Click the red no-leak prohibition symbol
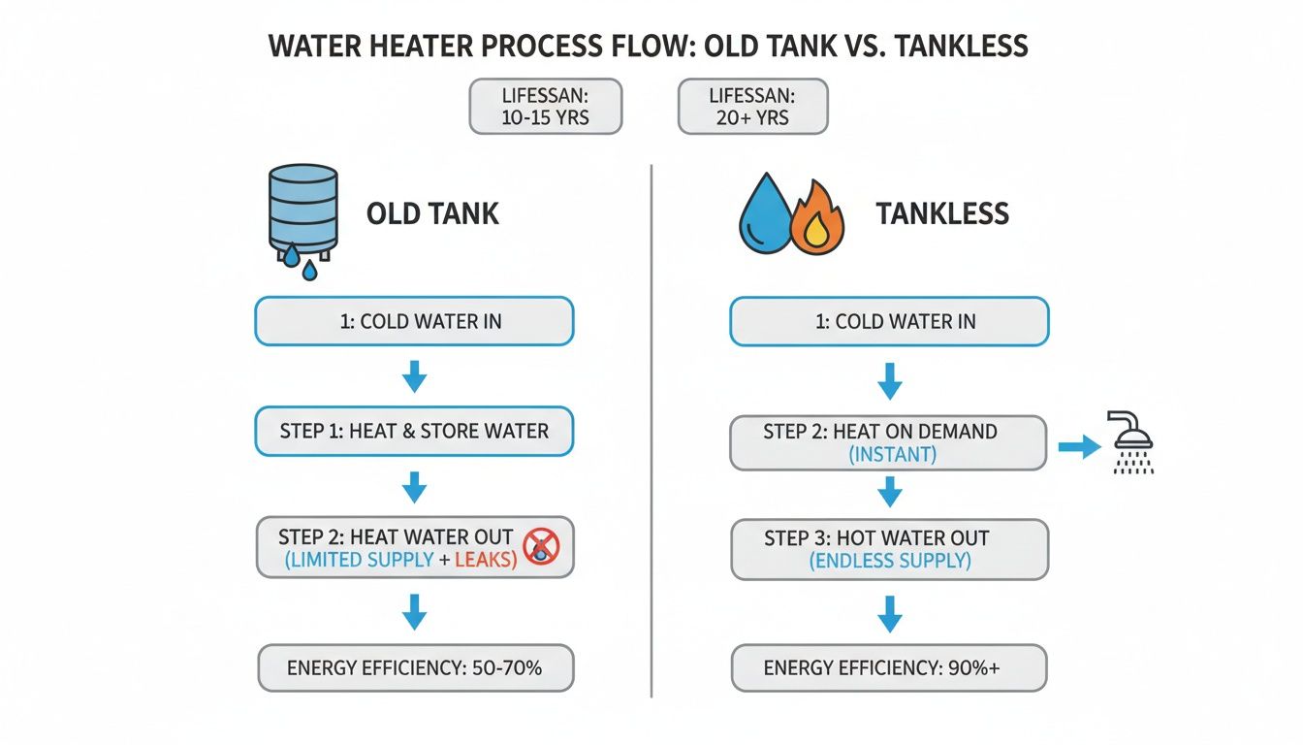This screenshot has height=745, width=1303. [x=540, y=546]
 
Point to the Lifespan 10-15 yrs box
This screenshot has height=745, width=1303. [x=546, y=107]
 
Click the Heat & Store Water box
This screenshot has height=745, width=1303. [x=414, y=431]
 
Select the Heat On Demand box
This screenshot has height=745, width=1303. [x=888, y=442]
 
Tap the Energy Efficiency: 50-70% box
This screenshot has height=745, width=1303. [x=415, y=667]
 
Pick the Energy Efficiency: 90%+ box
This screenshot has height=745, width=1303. [x=889, y=667]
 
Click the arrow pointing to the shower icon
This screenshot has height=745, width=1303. [x=1076, y=446]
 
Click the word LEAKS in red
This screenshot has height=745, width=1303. [x=481, y=560]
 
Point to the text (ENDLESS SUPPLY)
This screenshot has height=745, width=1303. [x=889, y=560]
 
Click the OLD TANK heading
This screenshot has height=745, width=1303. [x=432, y=213]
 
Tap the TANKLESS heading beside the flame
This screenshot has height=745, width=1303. [x=942, y=213]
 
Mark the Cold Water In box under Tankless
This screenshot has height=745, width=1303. [x=889, y=321]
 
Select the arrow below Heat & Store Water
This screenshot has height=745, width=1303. [x=414, y=486]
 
